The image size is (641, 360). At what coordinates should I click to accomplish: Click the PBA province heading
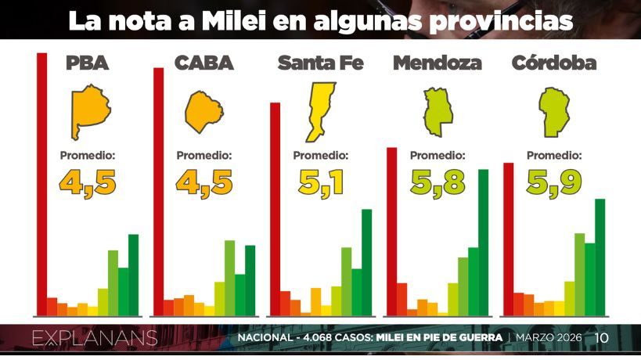pyautogui.click(x=87, y=63)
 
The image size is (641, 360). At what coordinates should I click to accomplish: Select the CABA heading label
pyautogui.click(x=204, y=63)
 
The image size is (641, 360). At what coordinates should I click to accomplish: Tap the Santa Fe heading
pyautogui.click(x=321, y=63)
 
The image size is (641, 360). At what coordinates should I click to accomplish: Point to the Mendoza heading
pyautogui.click(x=438, y=63)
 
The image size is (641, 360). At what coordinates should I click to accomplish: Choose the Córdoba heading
pyautogui.click(x=554, y=63)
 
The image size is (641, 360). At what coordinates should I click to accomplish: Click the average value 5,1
pyautogui.click(x=321, y=182)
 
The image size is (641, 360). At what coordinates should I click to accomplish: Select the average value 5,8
pyautogui.click(x=438, y=182)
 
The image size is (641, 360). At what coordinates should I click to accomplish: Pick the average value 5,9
pyautogui.click(x=554, y=182)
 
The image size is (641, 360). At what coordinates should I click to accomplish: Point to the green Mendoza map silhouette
pyautogui.click(x=438, y=111)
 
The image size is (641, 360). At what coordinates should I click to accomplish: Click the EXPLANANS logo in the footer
pyautogui.click(x=95, y=338)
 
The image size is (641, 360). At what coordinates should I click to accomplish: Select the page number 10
pyautogui.click(x=602, y=338)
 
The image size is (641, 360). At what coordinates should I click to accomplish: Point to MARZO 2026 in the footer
pyautogui.click(x=549, y=338)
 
